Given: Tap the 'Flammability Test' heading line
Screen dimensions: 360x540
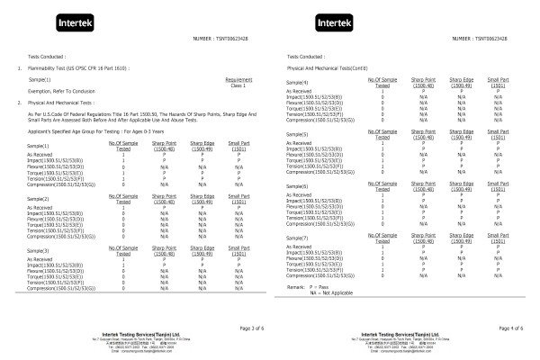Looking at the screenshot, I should (76, 68).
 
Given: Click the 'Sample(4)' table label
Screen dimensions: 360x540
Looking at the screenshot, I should (298, 84).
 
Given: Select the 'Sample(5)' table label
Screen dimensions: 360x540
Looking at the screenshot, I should (298, 135).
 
